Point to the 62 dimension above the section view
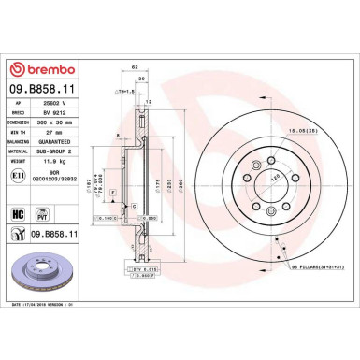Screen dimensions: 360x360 click(136, 69)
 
